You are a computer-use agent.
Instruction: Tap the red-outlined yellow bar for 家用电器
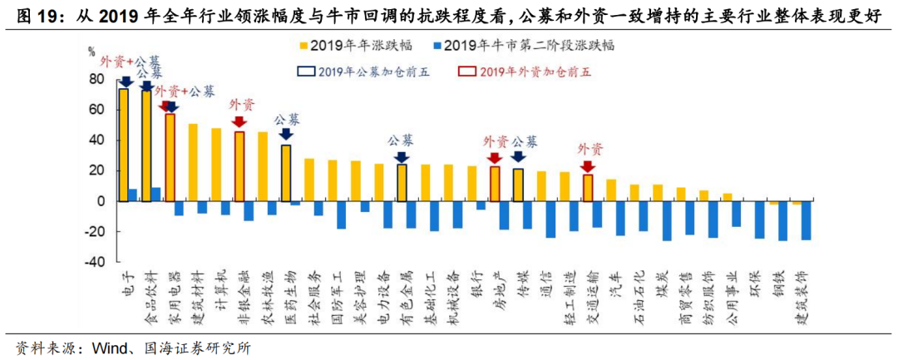click(x=170, y=157)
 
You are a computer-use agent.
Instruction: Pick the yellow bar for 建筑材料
click(x=193, y=162)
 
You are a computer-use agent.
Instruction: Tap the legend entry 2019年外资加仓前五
click(x=525, y=71)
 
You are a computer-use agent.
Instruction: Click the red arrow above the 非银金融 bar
click(x=239, y=122)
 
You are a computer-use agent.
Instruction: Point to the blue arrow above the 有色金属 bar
click(x=402, y=156)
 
